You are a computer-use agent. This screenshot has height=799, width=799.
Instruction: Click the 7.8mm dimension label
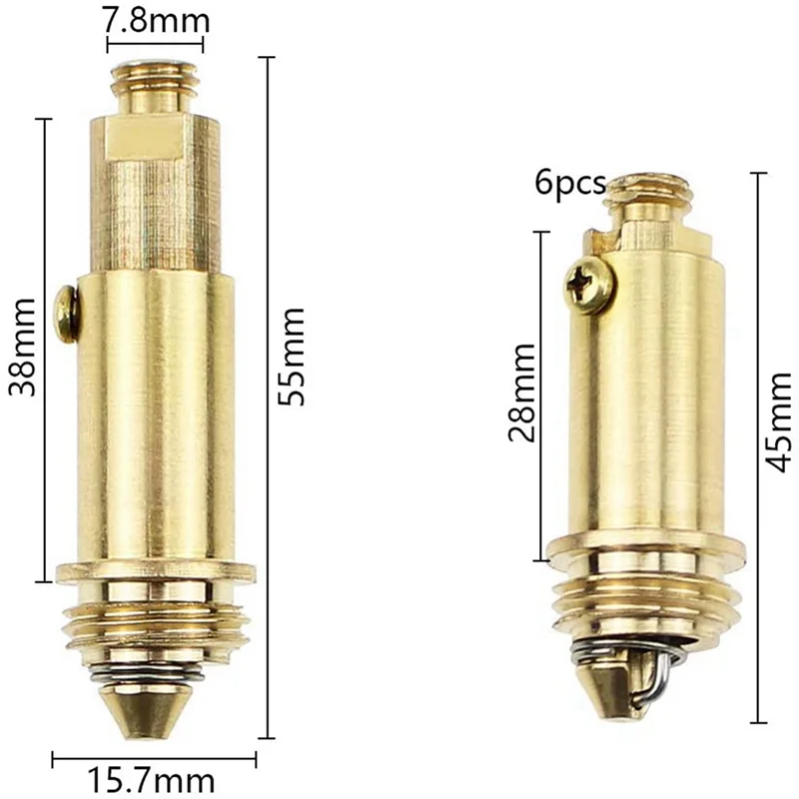point(155,20)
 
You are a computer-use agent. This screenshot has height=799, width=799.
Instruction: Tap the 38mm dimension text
point(22,348)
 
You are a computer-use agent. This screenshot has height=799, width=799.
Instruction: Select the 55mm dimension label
point(291,357)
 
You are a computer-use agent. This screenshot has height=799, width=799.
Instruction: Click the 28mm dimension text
point(521,393)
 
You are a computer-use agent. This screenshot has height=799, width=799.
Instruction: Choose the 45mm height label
point(779,422)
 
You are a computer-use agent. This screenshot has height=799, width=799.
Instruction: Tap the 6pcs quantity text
point(570,184)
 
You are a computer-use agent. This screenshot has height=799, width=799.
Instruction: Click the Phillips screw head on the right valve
point(590,286)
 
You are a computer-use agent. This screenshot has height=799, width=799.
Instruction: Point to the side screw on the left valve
point(67,315)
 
